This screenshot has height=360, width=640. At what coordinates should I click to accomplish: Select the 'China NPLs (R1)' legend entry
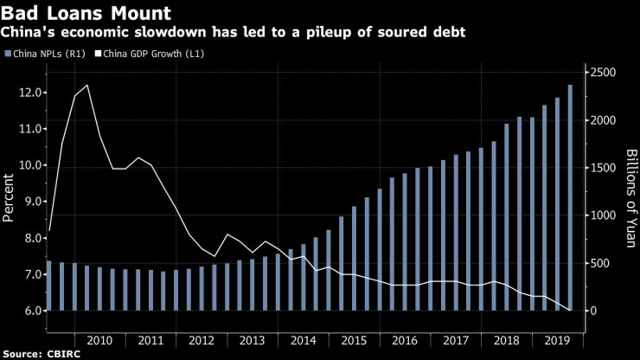[x=47, y=54]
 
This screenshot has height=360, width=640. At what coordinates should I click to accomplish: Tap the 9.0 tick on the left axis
[x=31, y=202]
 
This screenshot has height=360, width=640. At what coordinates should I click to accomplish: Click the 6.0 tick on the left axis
[x=31, y=311]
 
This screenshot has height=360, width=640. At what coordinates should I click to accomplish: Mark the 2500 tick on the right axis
[x=605, y=73]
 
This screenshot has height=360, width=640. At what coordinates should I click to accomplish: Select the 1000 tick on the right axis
[x=605, y=215]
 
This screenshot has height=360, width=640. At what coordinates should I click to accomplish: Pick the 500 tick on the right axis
[x=602, y=263]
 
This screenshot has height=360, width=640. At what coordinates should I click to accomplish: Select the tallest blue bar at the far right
[x=569, y=197]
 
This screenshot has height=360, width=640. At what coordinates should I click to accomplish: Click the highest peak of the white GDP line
[x=86, y=86]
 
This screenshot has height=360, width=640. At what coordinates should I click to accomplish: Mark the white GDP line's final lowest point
[x=569, y=310]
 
